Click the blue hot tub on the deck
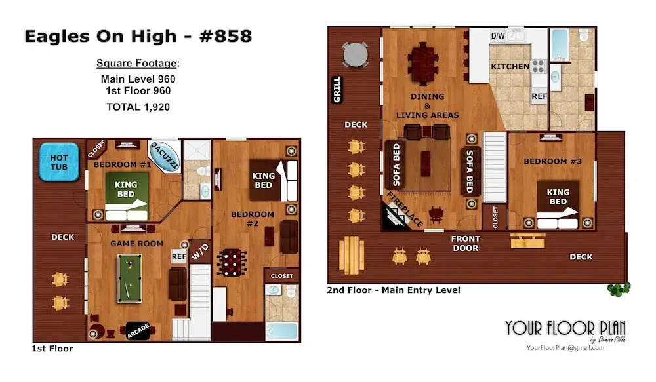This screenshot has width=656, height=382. (x=59, y=162)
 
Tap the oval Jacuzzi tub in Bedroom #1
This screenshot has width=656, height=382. (x=165, y=156)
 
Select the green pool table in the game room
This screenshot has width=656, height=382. (x=129, y=278)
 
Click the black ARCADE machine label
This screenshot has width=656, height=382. (x=138, y=331)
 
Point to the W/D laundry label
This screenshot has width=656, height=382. (x=200, y=251)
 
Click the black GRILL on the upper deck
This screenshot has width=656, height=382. (x=337, y=90)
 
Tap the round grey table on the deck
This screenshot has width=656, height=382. (x=356, y=54)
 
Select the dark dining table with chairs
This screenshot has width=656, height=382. (x=423, y=64)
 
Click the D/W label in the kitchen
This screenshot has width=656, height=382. (x=498, y=36)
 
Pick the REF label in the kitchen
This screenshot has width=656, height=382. (x=539, y=96)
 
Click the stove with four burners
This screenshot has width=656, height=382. (x=538, y=66)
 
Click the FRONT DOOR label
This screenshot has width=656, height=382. (x=466, y=243)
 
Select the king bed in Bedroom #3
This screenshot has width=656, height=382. (x=558, y=204)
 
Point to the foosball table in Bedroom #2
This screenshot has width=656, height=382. (x=232, y=263)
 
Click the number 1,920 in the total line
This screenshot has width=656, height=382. (x=157, y=107)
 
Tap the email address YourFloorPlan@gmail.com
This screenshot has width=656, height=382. (x=565, y=348)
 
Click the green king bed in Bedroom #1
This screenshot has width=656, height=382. (x=126, y=196)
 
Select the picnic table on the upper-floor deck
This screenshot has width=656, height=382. (x=352, y=255)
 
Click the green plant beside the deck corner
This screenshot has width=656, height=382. (x=619, y=289)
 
